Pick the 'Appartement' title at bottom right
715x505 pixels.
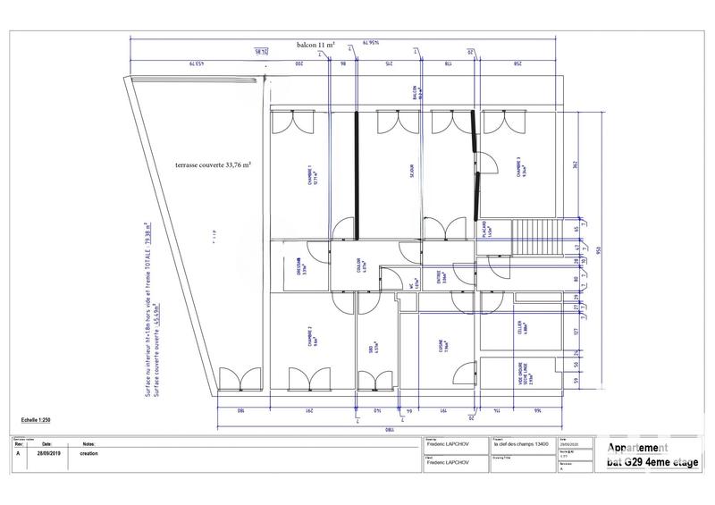pyautogui.click(x=639, y=449)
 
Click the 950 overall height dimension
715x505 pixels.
pyautogui.click(x=598, y=249)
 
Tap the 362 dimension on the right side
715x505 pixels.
pyautogui.click(x=578, y=165)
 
